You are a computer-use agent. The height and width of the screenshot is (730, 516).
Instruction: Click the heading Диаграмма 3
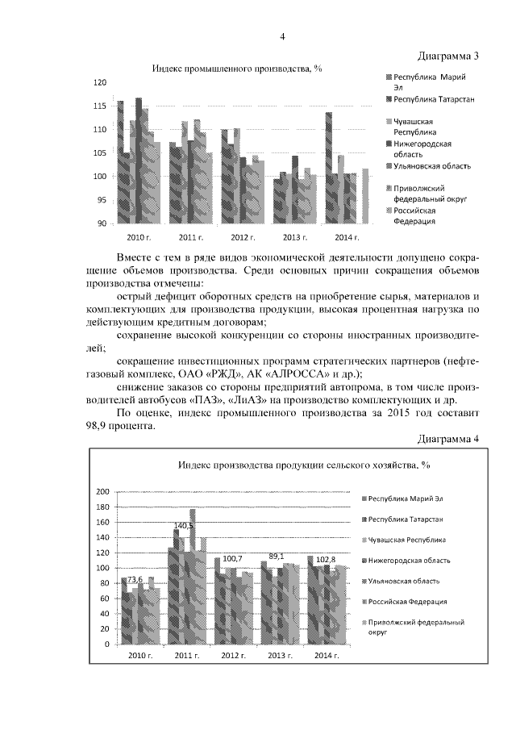pos(449,56)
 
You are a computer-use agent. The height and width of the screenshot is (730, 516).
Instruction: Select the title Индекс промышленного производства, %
pos(238,69)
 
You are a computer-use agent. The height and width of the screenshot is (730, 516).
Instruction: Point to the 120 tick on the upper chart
pos(99,83)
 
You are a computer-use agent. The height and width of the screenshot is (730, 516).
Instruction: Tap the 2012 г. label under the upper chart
pos(243,238)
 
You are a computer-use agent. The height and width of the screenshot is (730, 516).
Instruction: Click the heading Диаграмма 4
pos(449,438)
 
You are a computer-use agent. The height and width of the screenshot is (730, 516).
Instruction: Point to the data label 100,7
pos(233,559)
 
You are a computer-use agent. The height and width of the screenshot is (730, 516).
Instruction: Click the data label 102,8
pos(327,559)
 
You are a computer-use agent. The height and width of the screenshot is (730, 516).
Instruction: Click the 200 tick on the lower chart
pos(102,492)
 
